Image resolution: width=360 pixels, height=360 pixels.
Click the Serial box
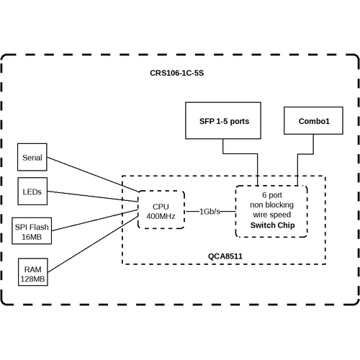pos(32,157)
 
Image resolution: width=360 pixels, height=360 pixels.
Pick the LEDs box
pos(32,192)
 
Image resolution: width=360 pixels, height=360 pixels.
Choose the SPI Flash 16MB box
pos(32,231)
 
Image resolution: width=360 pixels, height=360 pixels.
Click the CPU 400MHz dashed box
pos(161,210)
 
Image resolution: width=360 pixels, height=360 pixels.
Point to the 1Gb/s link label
pos(210,211)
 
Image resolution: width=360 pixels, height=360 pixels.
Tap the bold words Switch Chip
pos(271,225)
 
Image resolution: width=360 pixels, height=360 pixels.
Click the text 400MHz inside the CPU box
pos(161,215)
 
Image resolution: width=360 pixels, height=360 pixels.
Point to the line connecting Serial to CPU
pos(94,175)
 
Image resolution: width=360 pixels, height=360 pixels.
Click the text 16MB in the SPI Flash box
pos(32,237)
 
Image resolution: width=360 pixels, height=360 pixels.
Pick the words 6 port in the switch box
pos(271,195)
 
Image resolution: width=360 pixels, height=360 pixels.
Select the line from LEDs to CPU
pos(94,197)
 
